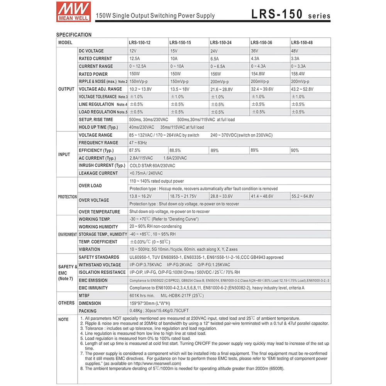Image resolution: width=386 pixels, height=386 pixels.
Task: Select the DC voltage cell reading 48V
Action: coord(295,51)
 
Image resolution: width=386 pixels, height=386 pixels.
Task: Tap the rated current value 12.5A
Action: coord(135,59)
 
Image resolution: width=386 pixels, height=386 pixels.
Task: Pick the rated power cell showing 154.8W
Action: coord(260,74)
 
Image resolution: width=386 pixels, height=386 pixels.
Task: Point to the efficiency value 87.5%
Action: coord(135,150)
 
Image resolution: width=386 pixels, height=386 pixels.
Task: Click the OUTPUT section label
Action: coord(66,89)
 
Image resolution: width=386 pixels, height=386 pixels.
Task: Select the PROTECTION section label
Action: coord(67,196)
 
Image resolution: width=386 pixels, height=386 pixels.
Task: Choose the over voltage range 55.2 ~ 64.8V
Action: coord(303,196)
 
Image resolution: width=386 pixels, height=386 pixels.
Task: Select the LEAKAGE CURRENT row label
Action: coord(98,173)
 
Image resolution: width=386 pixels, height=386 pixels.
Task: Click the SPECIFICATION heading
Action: coord(74,35)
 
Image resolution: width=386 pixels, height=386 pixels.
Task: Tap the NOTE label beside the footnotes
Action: coord(63,319)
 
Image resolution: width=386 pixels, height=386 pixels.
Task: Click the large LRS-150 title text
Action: coord(277,14)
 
